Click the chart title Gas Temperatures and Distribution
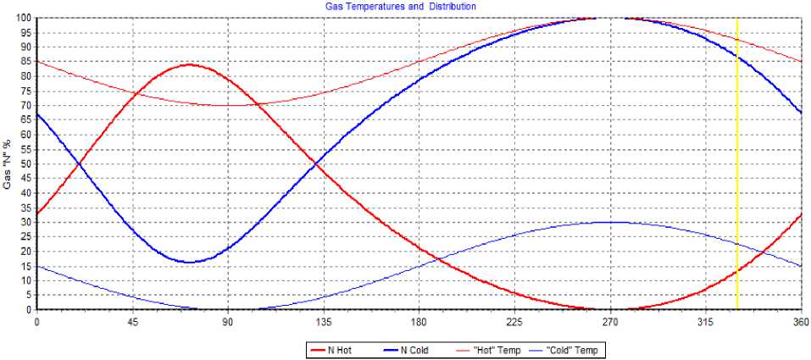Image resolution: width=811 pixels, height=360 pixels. [x=401, y=6]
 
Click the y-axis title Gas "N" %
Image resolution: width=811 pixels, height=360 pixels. [x=8, y=163]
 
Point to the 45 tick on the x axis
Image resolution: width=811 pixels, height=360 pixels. [x=132, y=322]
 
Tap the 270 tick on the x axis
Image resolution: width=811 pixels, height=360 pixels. [x=609, y=322]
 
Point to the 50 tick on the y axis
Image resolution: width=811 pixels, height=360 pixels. [x=25, y=163]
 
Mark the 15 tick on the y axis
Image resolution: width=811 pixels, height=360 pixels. [x=25, y=266]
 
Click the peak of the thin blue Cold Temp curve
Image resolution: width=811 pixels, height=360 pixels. [x=609, y=222]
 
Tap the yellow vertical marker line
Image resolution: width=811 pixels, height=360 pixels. [x=737, y=169]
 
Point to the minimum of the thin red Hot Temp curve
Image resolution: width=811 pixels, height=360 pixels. [x=227, y=105]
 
